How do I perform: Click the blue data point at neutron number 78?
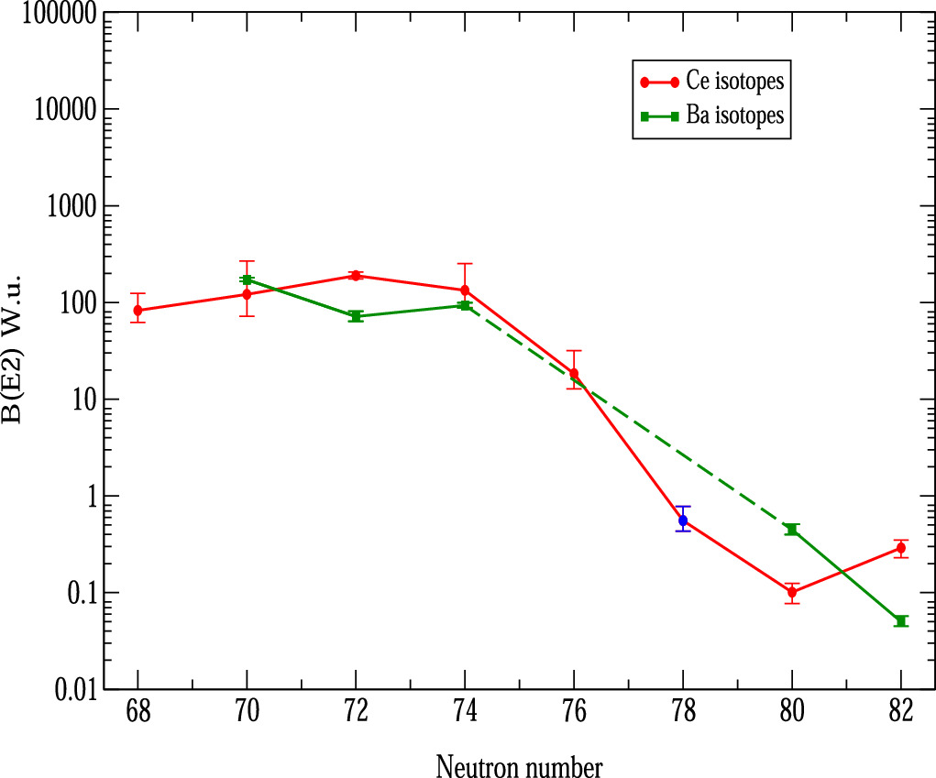[682, 520]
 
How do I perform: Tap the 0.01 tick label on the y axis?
[72, 690]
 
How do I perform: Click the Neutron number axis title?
[519, 763]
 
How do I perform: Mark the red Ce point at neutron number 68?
[138, 311]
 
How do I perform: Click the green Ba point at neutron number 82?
[900, 621]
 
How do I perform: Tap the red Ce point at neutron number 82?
[900, 548]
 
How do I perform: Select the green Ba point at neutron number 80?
[792, 530]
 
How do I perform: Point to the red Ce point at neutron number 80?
[792, 592]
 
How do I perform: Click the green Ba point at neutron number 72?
[356, 316]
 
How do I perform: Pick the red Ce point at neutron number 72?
[356, 276]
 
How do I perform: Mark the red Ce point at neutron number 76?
[574, 374]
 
